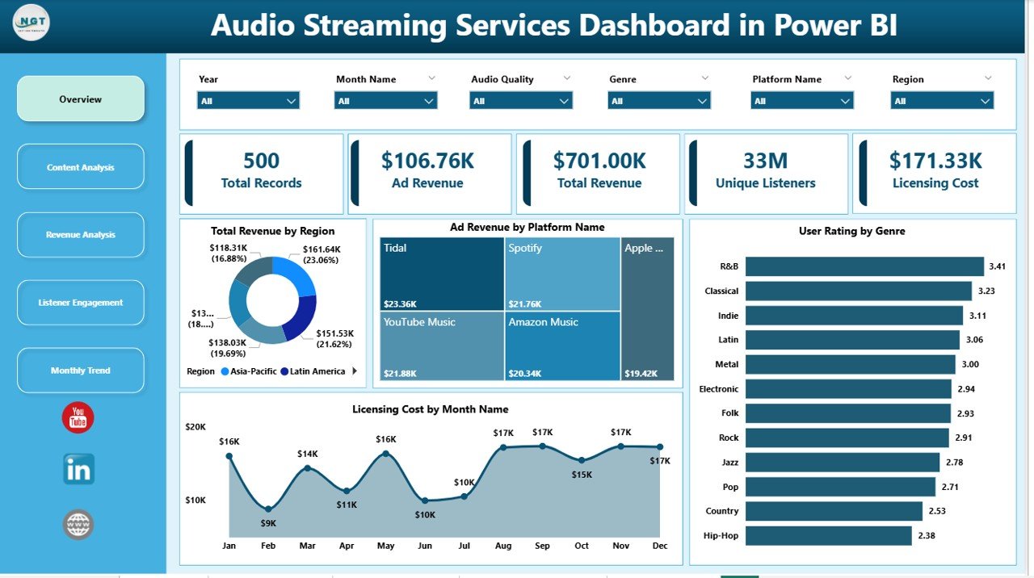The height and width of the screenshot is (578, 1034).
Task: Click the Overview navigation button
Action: click(x=81, y=99)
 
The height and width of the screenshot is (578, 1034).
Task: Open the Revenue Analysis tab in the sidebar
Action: click(x=81, y=235)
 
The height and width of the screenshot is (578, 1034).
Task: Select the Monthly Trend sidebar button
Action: click(x=81, y=371)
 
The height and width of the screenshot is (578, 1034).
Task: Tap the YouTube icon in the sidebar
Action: click(x=78, y=418)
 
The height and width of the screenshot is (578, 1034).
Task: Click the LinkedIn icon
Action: click(x=78, y=469)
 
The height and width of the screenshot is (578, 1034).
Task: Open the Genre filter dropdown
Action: click(x=658, y=101)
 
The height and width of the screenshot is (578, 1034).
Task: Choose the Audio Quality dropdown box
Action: click(x=520, y=101)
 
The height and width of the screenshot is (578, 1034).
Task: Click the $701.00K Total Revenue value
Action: click(x=599, y=161)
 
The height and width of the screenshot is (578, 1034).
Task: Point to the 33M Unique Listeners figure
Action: click(x=766, y=161)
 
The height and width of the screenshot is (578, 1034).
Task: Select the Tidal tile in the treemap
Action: click(x=442, y=274)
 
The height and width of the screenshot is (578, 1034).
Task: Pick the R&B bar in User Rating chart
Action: click(x=864, y=266)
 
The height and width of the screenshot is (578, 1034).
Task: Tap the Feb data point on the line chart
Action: click(x=268, y=509)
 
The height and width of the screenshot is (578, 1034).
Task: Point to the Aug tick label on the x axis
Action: click(x=503, y=546)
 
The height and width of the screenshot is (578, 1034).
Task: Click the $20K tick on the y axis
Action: click(x=195, y=426)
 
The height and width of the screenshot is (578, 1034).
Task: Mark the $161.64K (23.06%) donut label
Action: click(x=321, y=255)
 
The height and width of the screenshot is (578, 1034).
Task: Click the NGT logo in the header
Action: click(x=32, y=23)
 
